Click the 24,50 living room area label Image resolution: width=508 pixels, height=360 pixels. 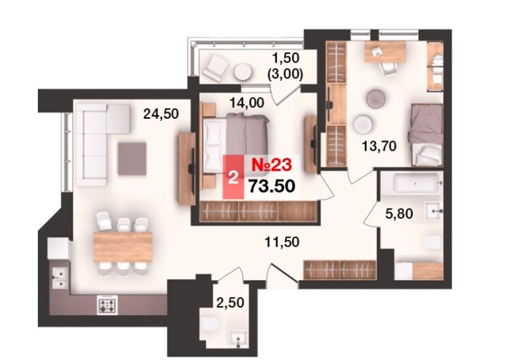pyautogui.click(x=161, y=113)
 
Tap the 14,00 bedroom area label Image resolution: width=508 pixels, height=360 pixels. pyautogui.click(x=246, y=103)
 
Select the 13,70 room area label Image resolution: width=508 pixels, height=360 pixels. pyautogui.click(x=379, y=147)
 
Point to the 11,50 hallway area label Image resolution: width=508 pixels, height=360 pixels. pyautogui.click(x=281, y=242)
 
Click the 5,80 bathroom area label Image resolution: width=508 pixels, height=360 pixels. pyautogui.click(x=399, y=213)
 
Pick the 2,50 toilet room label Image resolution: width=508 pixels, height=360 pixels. pyautogui.click(x=230, y=302)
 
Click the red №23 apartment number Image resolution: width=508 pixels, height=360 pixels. pyautogui.click(x=272, y=165)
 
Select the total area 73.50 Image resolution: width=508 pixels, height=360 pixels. pyautogui.click(x=272, y=186)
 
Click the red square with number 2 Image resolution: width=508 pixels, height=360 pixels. pyautogui.click(x=233, y=177)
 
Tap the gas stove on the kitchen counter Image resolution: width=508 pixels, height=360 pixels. pyautogui.click(x=107, y=305)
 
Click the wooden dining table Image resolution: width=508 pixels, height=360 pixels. pyautogui.click(x=123, y=247)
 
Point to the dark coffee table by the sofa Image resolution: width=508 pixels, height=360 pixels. pyautogui.click(x=132, y=159)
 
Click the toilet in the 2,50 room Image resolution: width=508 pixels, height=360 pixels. pyautogui.click(x=210, y=324)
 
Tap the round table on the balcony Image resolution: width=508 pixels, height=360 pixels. pyautogui.click(x=243, y=71)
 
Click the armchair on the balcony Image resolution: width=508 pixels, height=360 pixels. pyautogui.click(x=215, y=67)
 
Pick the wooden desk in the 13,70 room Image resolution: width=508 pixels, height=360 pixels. pyautogui.click(x=385, y=51)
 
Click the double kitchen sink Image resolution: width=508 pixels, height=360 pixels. pyautogui.click(x=60, y=278)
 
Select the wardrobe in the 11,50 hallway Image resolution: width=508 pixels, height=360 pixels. pyautogui.click(x=340, y=269)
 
